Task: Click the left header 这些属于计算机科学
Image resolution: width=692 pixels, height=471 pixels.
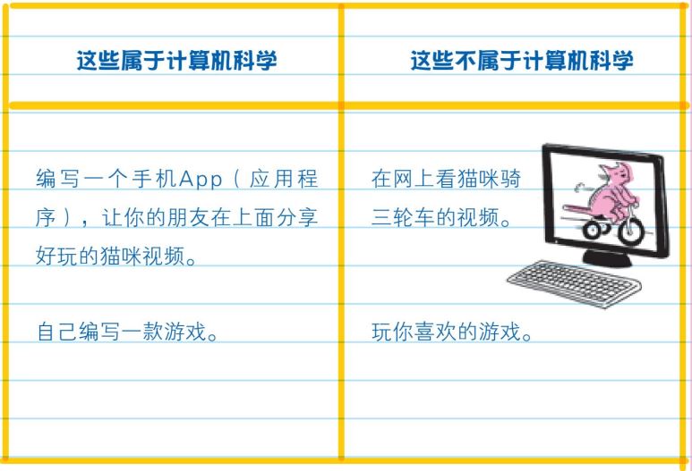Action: pyautogui.click(x=176, y=60)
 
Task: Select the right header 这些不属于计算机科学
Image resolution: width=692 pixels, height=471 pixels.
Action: pyautogui.click(x=522, y=60)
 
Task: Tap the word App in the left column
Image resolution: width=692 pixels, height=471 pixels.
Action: pyautogui.click(x=201, y=180)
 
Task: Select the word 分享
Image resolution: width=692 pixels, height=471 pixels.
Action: pyautogui.click(x=296, y=218)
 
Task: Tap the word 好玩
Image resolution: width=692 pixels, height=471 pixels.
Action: pyautogui.click(x=56, y=256)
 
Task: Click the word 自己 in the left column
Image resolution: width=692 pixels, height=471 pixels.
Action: pyautogui.click(x=57, y=332)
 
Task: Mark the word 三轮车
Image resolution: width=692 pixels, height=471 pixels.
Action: pyautogui.click(x=404, y=217)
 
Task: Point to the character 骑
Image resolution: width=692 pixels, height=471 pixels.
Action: pyautogui.click(x=511, y=180)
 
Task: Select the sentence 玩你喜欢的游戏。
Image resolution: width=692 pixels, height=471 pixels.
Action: pyautogui.click(x=452, y=332)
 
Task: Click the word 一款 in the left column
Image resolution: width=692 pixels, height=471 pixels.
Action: pyautogui.click(x=141, y=332)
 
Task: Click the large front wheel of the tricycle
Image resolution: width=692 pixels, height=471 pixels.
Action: pyautogui.click(x=630, y=230)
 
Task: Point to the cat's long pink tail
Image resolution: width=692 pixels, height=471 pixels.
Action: pyautogui.click(x=583, y=208)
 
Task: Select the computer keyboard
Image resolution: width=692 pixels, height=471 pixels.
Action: pyautogui.click(x=574, y=283)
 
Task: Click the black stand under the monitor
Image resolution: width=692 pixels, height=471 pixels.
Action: pyautogui.click(x=607, y=257)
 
